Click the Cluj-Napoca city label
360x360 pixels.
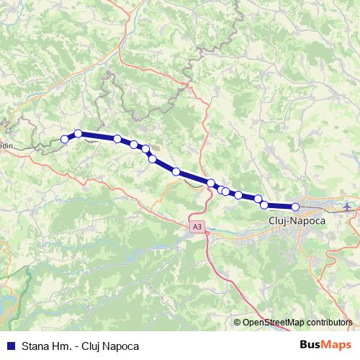pos(296,220)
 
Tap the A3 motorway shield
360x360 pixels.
pos(197,228)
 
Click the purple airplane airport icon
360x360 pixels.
pos(349,207)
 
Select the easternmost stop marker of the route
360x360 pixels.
pos(295,207)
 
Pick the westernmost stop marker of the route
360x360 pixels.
pos(65,139)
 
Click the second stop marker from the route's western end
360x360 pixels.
pos(78,133)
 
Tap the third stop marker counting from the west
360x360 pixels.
pos(117,138)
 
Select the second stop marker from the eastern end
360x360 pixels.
pos(264,205)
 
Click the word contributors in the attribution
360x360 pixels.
pos(331,323)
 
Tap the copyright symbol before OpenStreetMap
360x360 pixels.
pos(238,323)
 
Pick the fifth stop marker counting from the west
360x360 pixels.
pos(145,149)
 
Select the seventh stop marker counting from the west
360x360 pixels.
pos(176,171)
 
